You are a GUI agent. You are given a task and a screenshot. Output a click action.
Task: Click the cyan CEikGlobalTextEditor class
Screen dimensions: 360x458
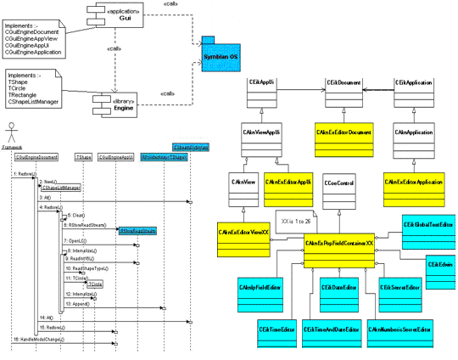[427, 225]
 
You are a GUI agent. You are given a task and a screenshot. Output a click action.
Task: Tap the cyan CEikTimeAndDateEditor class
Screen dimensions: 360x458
[333, 329]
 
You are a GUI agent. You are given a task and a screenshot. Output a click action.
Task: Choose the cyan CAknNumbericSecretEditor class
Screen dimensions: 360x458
[401, 329]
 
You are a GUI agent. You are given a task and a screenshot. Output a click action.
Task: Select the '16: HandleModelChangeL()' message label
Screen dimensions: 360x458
[42, 339]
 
